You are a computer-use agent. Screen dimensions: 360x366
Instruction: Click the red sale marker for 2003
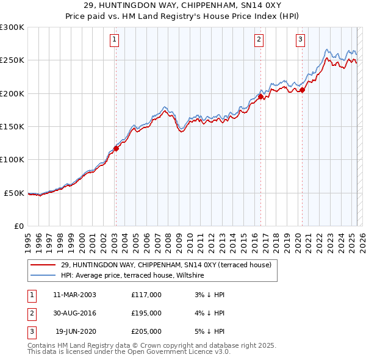coord(116,148)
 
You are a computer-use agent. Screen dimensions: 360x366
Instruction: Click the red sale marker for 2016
coord(260,96)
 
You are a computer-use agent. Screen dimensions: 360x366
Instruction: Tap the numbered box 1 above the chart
coord(115,40)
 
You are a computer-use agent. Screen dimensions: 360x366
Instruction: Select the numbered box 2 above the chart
coord(259,40)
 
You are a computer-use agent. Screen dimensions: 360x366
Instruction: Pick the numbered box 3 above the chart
coord(301,40)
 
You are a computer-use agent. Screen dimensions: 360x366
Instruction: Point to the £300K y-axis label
coord(12,27)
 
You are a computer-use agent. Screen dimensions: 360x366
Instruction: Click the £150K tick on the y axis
coord(12,126)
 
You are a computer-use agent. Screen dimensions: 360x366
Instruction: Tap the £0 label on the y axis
coord(18,226)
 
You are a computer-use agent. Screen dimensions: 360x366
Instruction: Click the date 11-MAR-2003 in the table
coord(75,295)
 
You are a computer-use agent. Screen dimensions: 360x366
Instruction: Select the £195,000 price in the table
coord(146,313)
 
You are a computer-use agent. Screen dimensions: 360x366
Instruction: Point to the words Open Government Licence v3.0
coord(177,352)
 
